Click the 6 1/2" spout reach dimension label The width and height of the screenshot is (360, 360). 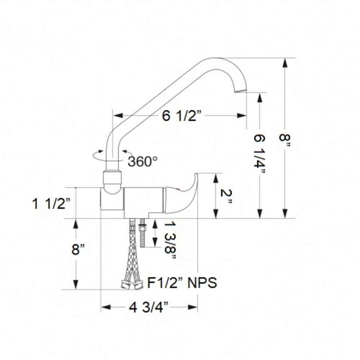tap(183, 116)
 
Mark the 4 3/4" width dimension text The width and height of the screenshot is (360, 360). tap(149, 308)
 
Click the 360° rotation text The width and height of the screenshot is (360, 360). tap(142, 161)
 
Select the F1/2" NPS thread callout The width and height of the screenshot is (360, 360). tap(182, 283)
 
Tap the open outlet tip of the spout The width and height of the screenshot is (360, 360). tap(240, 90)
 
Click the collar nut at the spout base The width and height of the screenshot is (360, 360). tap(112, 178)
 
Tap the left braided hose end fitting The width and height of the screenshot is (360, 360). tap(125, 284)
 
